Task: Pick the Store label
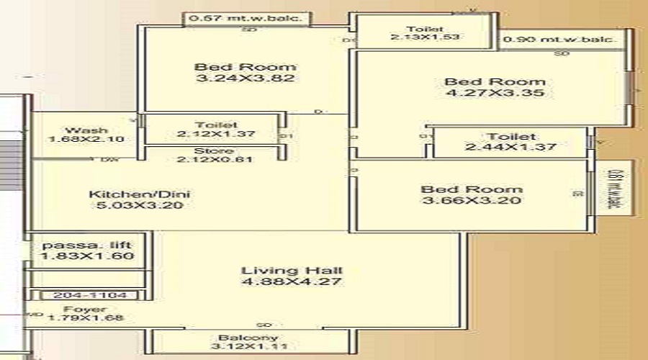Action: (x=214, y=150)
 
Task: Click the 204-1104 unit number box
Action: (x=90, y=295)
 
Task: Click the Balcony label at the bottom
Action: (x=248, y=337)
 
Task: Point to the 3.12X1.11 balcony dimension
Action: (x=248, y=348)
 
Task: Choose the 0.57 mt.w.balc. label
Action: (x=251, y=18)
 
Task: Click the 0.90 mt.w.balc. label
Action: (x=560, y=40)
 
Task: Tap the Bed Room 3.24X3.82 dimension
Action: (x=245, y=78)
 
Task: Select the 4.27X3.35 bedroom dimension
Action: (x=494, y=93)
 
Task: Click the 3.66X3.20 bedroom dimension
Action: (x=471, y=200)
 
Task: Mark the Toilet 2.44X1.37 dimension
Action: (x=510, y=147)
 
